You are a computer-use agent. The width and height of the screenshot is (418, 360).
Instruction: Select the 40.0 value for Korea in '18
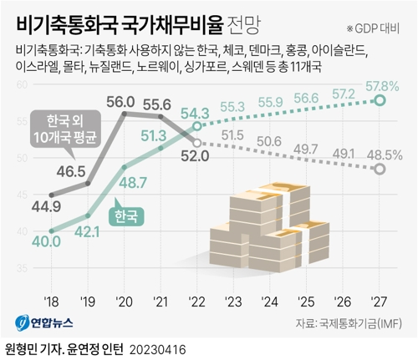46,242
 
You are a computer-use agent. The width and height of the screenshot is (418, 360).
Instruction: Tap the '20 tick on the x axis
123,302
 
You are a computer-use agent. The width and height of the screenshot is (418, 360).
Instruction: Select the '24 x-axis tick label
270,302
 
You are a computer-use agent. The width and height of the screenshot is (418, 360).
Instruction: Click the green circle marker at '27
380,101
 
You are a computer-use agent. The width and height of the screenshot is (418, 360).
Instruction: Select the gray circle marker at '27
380,170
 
